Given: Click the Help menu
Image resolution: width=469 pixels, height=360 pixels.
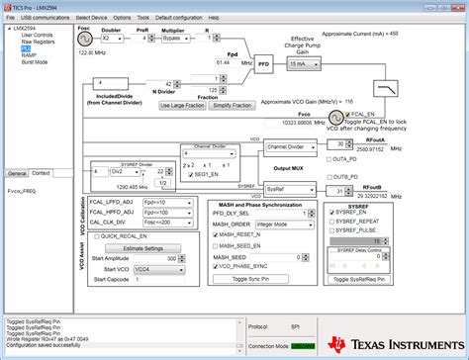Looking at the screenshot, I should [229, 17].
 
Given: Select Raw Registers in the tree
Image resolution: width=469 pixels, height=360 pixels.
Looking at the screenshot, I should [37, 43].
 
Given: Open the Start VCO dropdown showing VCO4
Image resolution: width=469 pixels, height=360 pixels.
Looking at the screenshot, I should [153, 269].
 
